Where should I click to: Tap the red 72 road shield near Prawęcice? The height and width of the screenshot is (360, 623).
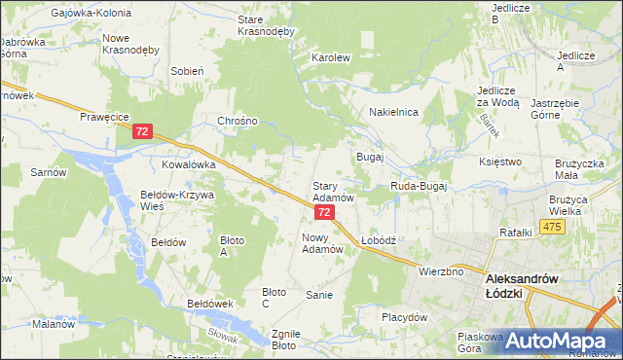[x=142, y=130]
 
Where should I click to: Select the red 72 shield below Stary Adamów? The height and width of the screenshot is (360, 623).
[x=324, y=211]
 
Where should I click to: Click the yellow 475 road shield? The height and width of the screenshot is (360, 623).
[x=553, y=227]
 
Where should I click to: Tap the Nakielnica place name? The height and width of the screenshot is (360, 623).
[x=393, y=113]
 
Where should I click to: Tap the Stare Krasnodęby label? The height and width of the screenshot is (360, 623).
[x=266, y=25]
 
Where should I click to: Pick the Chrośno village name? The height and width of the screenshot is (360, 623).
[x=238, y=122]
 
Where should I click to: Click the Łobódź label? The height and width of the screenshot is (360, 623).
[x=377, y=239]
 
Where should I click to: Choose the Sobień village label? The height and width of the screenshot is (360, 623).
[x=186, y=71]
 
